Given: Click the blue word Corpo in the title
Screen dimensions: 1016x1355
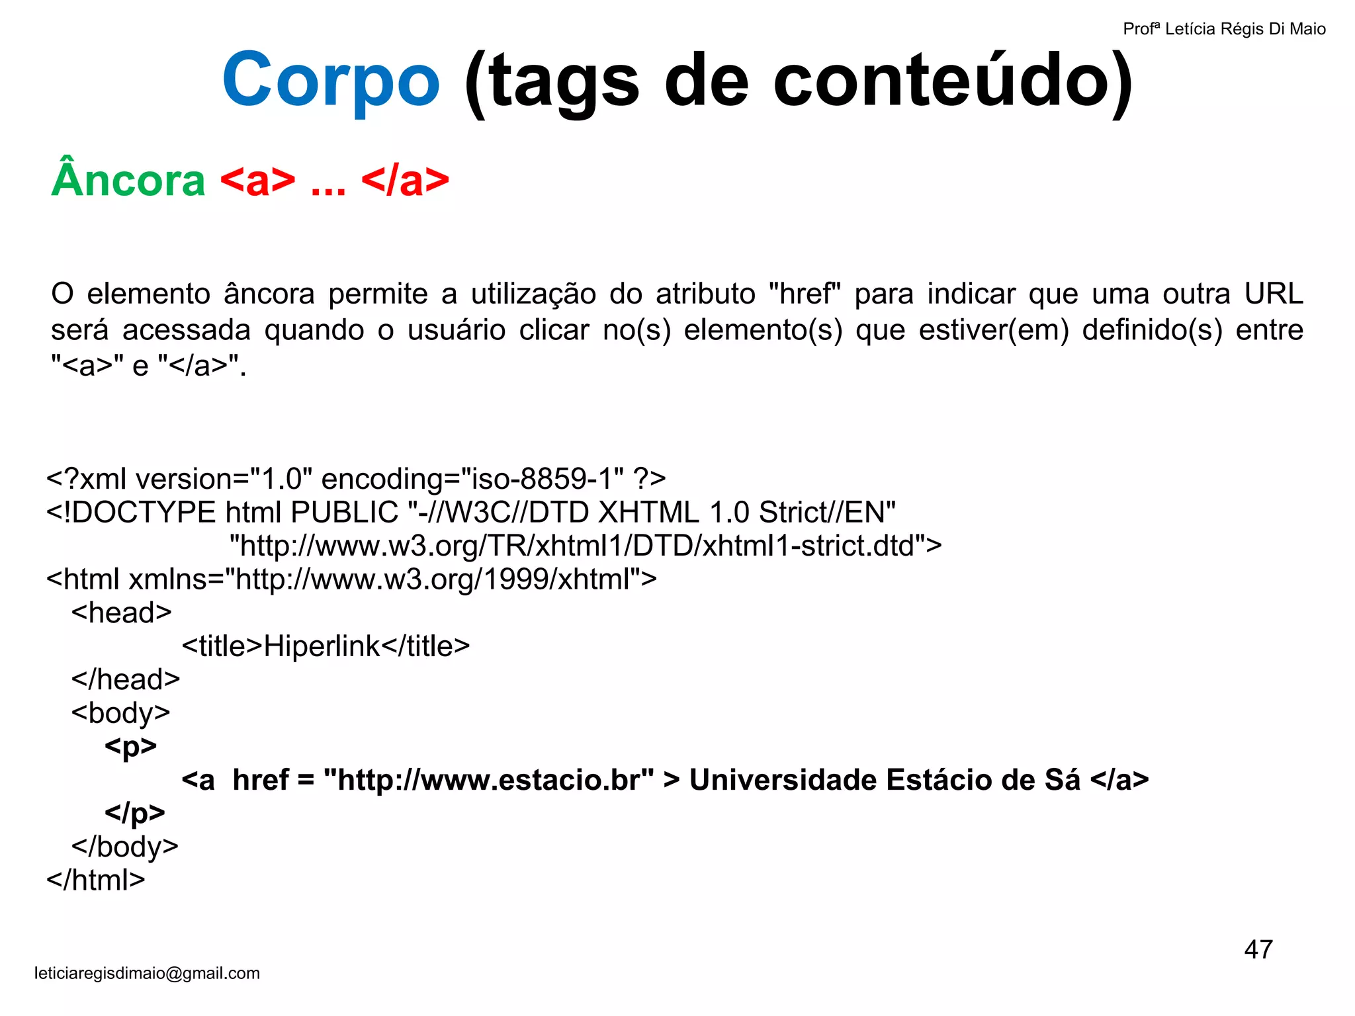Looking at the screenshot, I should [x=331, y=81].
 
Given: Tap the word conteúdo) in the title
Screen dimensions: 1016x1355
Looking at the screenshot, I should [x=953, y=81].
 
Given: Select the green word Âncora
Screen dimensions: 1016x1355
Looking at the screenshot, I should [x=128, y=179].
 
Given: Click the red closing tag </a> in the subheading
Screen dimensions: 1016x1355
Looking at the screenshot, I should [x=405, y=179].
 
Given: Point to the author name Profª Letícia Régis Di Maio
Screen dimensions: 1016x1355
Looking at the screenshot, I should [x=1224, y=29].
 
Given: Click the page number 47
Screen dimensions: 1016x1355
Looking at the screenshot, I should [x=1258, y=949].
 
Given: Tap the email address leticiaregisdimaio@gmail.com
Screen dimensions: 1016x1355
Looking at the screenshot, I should [x=147, y=973].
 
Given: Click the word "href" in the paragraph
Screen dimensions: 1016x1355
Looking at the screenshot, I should [x=805, y=294].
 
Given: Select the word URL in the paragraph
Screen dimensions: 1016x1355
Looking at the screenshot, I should [x=1273, y=294].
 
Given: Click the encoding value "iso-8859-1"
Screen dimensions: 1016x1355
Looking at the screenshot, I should [x=543, y=478].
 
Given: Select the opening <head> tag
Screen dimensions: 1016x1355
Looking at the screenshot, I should [x=122, y=613].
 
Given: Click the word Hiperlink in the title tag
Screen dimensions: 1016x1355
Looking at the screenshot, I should [x=322, y=646].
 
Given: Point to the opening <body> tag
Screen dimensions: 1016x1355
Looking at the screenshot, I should [x=121, y=713].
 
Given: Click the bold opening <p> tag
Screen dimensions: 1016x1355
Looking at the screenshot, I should [x=130, y=746].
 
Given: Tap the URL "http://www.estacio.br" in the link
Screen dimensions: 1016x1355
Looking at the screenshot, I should [x=489, y=780].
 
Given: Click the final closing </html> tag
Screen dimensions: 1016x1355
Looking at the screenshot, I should [x=96, y=880].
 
